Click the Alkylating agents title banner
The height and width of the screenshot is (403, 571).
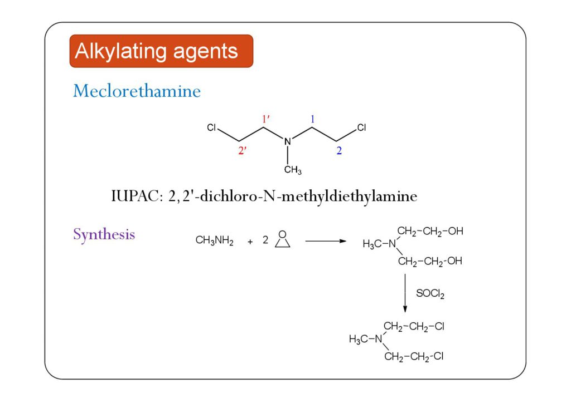coord(161,51)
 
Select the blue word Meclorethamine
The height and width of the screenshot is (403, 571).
coord(137,91)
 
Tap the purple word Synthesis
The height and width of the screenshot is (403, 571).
coord(104,234)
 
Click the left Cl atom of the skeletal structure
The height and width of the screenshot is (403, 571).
coord(211,127)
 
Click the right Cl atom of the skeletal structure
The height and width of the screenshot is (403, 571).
coord(361,127)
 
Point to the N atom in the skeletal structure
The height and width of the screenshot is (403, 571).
coord(288,142)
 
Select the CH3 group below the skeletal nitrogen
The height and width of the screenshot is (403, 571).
coord(293,170)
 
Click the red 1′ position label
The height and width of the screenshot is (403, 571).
coord(266,119)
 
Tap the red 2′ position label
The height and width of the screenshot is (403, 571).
coord(243,151)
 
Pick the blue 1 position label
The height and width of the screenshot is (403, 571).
coord(313,119)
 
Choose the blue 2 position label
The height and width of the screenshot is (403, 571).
coord(338,151)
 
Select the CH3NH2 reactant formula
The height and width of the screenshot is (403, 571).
coord(215,242)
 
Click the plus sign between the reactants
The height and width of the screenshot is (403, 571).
coord(250,242)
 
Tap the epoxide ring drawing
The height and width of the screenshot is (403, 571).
coord(283,240)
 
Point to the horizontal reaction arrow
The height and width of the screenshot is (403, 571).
coord(326,241)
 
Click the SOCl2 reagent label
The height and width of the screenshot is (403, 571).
coord(430,293)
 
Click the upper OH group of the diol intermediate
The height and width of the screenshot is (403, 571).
coord(456,231)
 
